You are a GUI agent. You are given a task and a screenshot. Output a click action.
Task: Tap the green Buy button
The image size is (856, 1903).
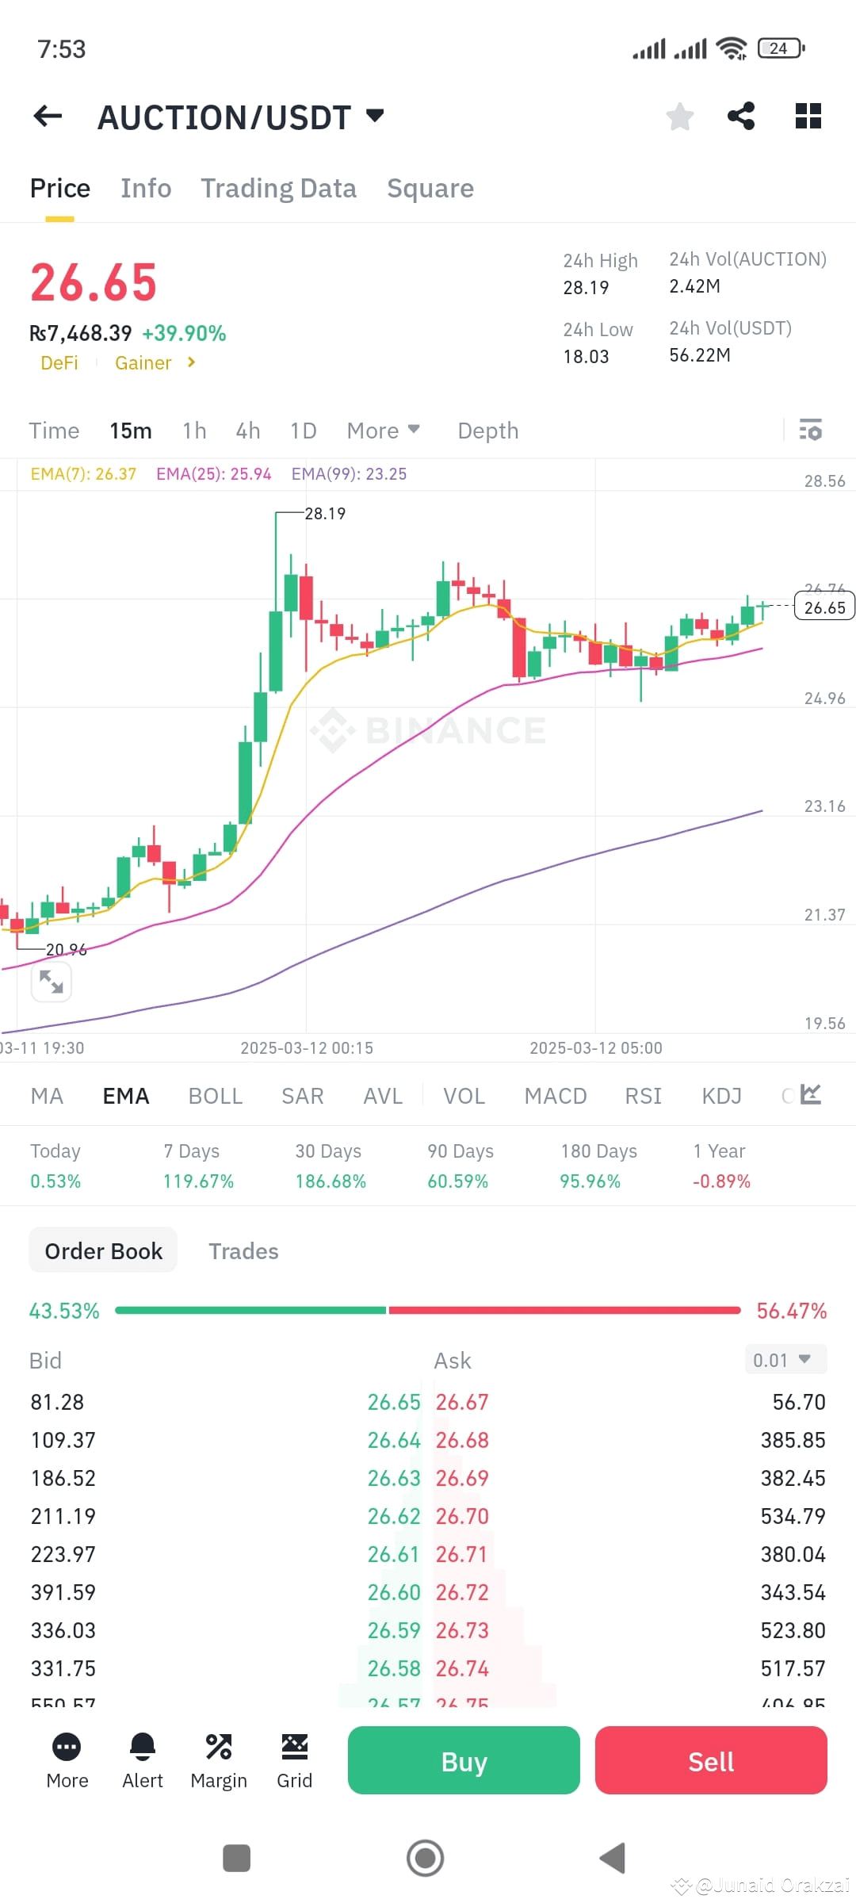[x=464, y=1760]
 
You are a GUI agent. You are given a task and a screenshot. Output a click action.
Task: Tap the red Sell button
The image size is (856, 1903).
[x=711, y=1760]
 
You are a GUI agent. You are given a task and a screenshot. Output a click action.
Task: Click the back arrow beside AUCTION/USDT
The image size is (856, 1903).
[x=48, y=117]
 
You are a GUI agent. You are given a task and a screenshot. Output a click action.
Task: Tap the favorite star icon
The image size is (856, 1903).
[x=679, y=117]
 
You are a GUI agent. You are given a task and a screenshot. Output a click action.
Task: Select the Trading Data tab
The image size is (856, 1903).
[x=278, y=189]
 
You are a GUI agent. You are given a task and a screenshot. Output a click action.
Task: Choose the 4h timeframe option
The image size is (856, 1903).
[x=248, y=431]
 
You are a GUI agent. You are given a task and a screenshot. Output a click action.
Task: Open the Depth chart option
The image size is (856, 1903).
[x=487, y=431]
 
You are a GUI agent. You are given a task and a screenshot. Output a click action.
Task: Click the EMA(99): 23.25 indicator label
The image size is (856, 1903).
[x=349, y=474]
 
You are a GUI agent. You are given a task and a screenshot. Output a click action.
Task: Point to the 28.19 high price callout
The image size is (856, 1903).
[x=325, y=514]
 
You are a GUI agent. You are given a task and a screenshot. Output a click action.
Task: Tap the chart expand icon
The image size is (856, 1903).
[x=52, y=982]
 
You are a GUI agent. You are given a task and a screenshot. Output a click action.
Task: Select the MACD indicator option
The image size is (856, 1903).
[x=556, y=1096]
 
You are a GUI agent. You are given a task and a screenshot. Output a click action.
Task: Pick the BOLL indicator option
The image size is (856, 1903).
[x=215, y=1096]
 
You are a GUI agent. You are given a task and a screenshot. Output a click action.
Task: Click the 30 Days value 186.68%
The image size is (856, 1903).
[x=331, y=1181]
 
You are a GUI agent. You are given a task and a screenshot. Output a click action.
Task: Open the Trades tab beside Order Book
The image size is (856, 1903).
[x=243, y=1251]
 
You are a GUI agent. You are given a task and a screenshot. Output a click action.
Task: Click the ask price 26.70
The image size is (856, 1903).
[x=462, y=1516]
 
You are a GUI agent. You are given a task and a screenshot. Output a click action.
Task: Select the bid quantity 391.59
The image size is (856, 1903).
[x=63, y=1592]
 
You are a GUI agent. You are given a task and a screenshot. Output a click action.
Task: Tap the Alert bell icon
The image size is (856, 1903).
[x=143, y=1747]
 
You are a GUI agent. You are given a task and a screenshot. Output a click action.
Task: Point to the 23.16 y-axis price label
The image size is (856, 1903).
[x=824, y=806]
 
